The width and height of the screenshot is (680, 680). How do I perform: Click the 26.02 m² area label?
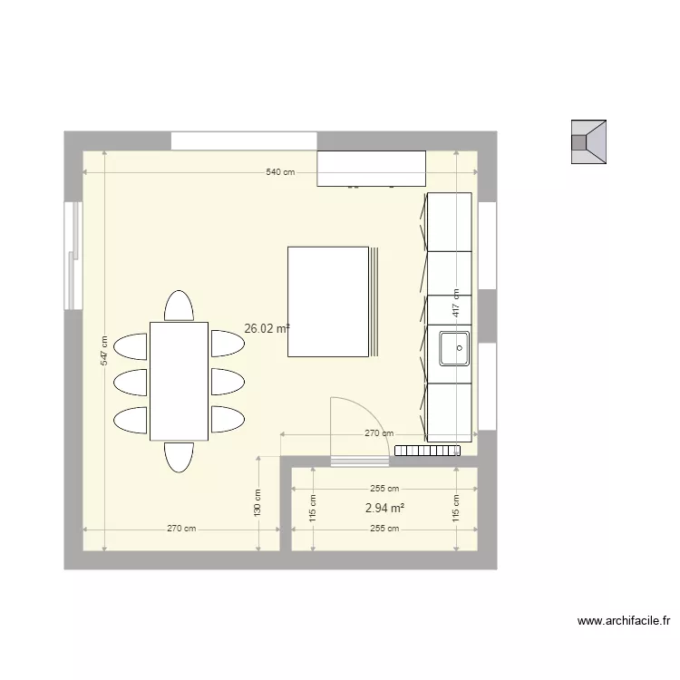267,329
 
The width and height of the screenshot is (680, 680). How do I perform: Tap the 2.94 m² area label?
384,509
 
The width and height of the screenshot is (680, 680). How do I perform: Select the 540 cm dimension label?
280,171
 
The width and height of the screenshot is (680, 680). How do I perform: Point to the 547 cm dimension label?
104,351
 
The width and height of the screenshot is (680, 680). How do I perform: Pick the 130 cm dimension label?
257,504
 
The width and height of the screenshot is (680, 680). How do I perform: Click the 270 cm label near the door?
378,433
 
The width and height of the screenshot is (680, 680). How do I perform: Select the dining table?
179,381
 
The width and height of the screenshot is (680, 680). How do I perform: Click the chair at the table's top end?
179,306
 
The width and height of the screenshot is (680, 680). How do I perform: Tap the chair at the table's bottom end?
179,456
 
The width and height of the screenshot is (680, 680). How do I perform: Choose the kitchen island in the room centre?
328,302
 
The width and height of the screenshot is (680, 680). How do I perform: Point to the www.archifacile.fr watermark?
624,621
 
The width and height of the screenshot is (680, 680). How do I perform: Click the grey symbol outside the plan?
588,142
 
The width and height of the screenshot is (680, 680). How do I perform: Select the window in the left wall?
73,255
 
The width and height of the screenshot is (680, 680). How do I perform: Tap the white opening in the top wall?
244,141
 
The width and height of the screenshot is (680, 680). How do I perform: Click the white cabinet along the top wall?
371,169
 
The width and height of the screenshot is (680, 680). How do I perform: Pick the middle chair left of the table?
131,381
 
